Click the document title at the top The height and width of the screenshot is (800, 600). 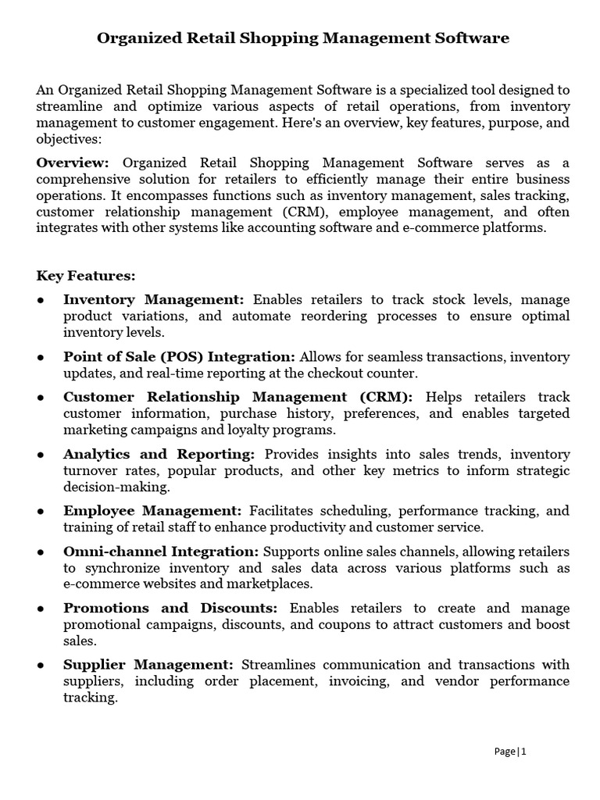(303, 37)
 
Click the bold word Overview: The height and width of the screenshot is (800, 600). (73, 162)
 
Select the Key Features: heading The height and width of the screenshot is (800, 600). (86, 276)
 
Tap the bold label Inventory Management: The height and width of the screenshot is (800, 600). (154, 300)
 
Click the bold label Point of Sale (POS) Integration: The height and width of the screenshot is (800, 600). (179, 356)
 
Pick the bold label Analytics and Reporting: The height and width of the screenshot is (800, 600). (159, 454)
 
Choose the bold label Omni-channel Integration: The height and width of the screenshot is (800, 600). (161, 552)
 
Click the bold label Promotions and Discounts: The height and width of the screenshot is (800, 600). (170, 608)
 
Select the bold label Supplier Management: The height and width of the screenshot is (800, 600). (148, 665)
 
